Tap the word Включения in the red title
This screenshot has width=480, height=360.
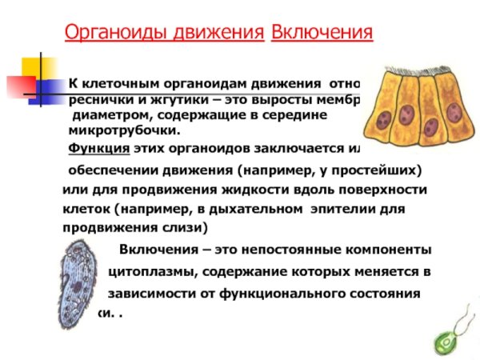click(x=322, y=32)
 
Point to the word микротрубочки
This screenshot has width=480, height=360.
click(x=125, y=130)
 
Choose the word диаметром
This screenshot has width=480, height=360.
click(x=109, y=115)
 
